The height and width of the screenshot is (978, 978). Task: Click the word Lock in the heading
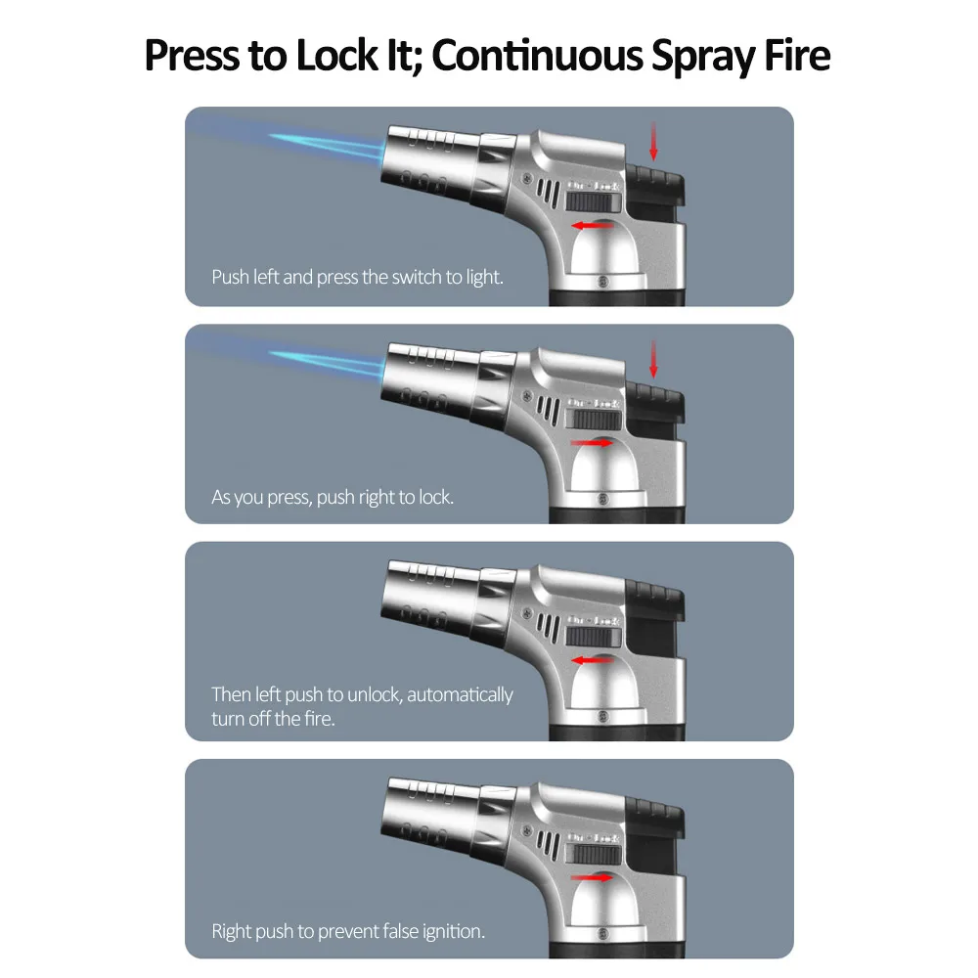(x=336, y=55)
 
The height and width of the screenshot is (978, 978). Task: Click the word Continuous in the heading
(x=537, y=55)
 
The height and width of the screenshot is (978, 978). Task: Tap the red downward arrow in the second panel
(x=653, y=359)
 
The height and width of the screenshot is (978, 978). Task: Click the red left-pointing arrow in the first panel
(x=592, y=225)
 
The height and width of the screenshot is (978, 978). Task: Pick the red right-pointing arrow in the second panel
(x=592, y=443)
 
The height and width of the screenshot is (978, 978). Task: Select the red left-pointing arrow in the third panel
(x=592, y=660)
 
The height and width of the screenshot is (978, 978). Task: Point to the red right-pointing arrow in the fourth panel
(x=592, y=877)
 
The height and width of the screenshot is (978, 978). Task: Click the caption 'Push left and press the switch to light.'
(x=357, y=277)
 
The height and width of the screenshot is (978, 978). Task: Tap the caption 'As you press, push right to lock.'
(x=333, y=497)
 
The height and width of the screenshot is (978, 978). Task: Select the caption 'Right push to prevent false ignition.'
(x=348, y=931)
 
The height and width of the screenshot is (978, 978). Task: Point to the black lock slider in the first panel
(x=594, y=202)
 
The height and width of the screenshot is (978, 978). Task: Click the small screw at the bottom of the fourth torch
(x=602, y=934)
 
